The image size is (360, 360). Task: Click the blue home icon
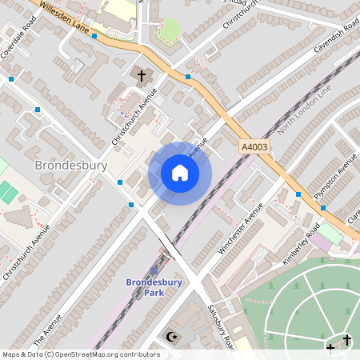tap(180, 173)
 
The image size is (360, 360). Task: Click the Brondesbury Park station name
tap(154, 287)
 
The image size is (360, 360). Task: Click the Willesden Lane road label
tap(59, 16)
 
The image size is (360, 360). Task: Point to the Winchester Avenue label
tap(241, 227)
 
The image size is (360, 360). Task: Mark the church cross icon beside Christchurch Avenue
tap(142, 76)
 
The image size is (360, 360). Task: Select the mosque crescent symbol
tap(170, 337)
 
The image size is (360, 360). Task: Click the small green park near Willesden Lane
tap(169, 31)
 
